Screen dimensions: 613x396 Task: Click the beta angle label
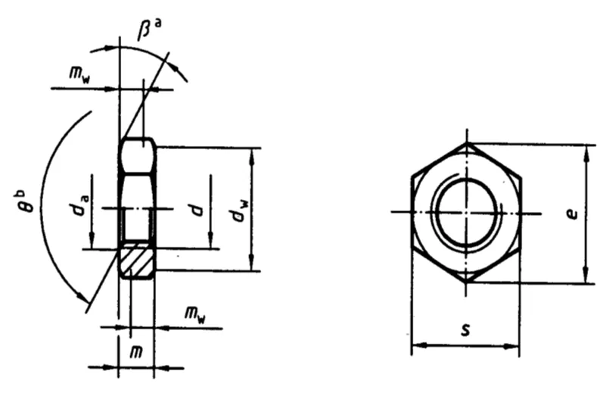(148, 29)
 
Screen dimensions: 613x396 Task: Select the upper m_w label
(79, 73)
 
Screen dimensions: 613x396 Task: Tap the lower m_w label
(194, 315)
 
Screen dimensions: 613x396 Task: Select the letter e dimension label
(572, 214)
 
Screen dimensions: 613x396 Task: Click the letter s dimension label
(465, 330)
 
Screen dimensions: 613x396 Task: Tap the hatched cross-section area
(136, 260)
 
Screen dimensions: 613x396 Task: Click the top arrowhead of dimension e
(586, 153)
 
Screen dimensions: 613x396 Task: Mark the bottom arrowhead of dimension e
(585, 275)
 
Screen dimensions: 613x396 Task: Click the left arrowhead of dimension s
(419, 345)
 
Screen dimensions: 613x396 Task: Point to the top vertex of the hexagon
(467, 143)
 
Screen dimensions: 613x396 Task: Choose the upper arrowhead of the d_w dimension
(252, 157)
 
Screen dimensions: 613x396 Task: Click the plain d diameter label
(198, 209)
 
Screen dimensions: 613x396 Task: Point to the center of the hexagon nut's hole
(466, 213)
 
